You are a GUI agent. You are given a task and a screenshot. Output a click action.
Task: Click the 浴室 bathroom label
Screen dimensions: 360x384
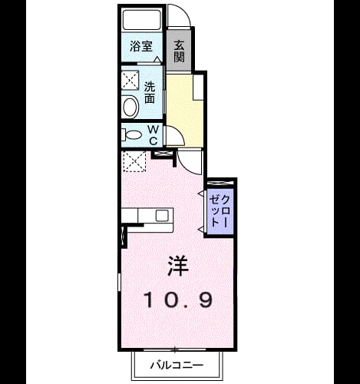tap(141, 46)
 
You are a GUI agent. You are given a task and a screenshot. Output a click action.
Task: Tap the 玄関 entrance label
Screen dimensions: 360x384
tap(180, 51)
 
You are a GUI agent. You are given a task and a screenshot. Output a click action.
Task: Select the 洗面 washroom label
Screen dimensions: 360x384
tap(150, 92)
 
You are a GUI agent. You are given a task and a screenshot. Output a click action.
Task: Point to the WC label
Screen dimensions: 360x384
tap(154, 135)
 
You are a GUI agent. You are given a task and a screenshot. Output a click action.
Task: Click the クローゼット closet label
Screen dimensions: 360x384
tap(218, 211)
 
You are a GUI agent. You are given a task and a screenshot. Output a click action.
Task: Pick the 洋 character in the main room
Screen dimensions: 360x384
tap(178, 266)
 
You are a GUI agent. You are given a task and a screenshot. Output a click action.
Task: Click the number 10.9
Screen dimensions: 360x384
tap(179, 300)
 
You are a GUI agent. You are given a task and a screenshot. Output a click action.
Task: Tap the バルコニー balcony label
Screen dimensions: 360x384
tap(177, 365)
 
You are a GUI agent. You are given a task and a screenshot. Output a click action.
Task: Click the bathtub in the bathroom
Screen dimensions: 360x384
tap(141, 19)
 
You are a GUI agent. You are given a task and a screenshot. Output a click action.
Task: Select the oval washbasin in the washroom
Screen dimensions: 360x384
tap(130, 107)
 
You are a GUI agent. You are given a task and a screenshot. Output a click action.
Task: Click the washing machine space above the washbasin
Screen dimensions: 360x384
tap(130, 80)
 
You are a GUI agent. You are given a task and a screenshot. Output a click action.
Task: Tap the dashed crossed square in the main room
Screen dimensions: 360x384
tap(134, 161)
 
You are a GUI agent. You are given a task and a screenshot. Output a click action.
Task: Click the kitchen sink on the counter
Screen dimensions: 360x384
tap(162, 215)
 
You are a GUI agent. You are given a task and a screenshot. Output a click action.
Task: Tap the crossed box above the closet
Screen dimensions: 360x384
tap(220, 183)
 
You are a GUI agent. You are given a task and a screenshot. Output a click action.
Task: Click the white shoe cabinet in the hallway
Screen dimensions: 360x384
tap(198, 87)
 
